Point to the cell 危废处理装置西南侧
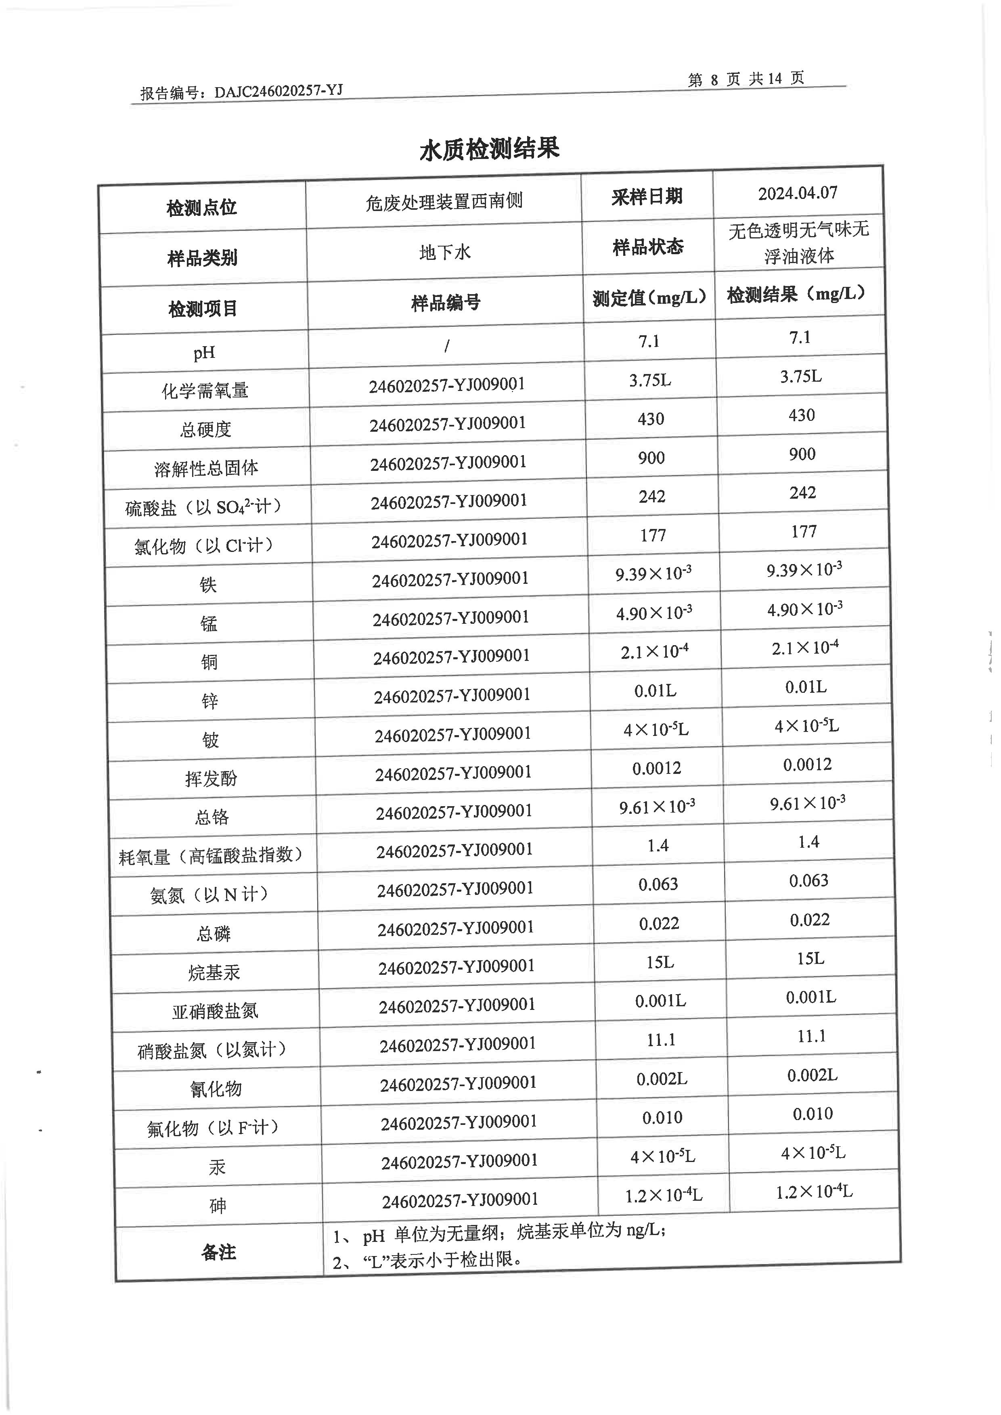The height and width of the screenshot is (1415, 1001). pyautogui.click(x=444, y=201)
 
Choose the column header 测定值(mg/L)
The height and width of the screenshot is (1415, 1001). pyautogui.click(x=649, y=298)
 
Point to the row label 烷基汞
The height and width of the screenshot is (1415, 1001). pyautogui.click(x=214, y=972)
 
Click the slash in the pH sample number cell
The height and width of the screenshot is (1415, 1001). pyautogui.click(x=446, y=346)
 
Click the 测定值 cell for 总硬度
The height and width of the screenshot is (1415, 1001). pyautogui.click(x=651, y=419)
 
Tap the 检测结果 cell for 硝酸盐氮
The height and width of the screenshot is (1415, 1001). pyautogui.click(x=811, y=1037)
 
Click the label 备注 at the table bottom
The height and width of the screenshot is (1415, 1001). pyautogui.click(x=219, y=1252)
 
